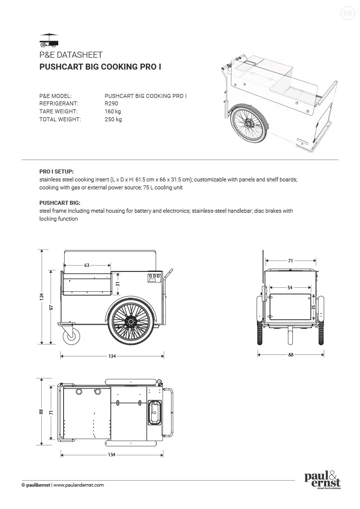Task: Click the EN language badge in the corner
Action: pyautogui.click(x=347, y=13)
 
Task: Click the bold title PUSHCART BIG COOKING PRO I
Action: pyautogui.click(x=100, y=66)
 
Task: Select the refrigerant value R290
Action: pyautogui.click(x=111, y=103)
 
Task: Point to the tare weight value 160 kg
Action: pyautogui.click(x=113, y=111)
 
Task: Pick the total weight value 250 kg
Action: pyautogui.click(x=113, y=119)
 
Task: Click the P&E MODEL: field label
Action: pyautogui.click(x=56, y=95)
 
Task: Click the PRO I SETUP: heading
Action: pyautogui.click(x=56, y=170)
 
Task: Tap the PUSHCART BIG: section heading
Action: pyautogui.click(x=60, y=203)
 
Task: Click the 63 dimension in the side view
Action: pyautogui.click(x=87, y=265)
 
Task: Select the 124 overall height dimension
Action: pyautogui.click(x=42, y=297)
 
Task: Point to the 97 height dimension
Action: pyautogui.click(x=51, y=307)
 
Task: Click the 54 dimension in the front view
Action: pyautogui.click(x=290, y=288)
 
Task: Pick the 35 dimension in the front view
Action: pyautogui.click(x=313, y=308)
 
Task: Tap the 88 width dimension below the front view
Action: pyautogui.click(x=290, y=354)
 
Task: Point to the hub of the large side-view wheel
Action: pyautogui.click(x=131, y=323)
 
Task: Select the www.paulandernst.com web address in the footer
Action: pyautogui.click(x=79, y=485)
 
